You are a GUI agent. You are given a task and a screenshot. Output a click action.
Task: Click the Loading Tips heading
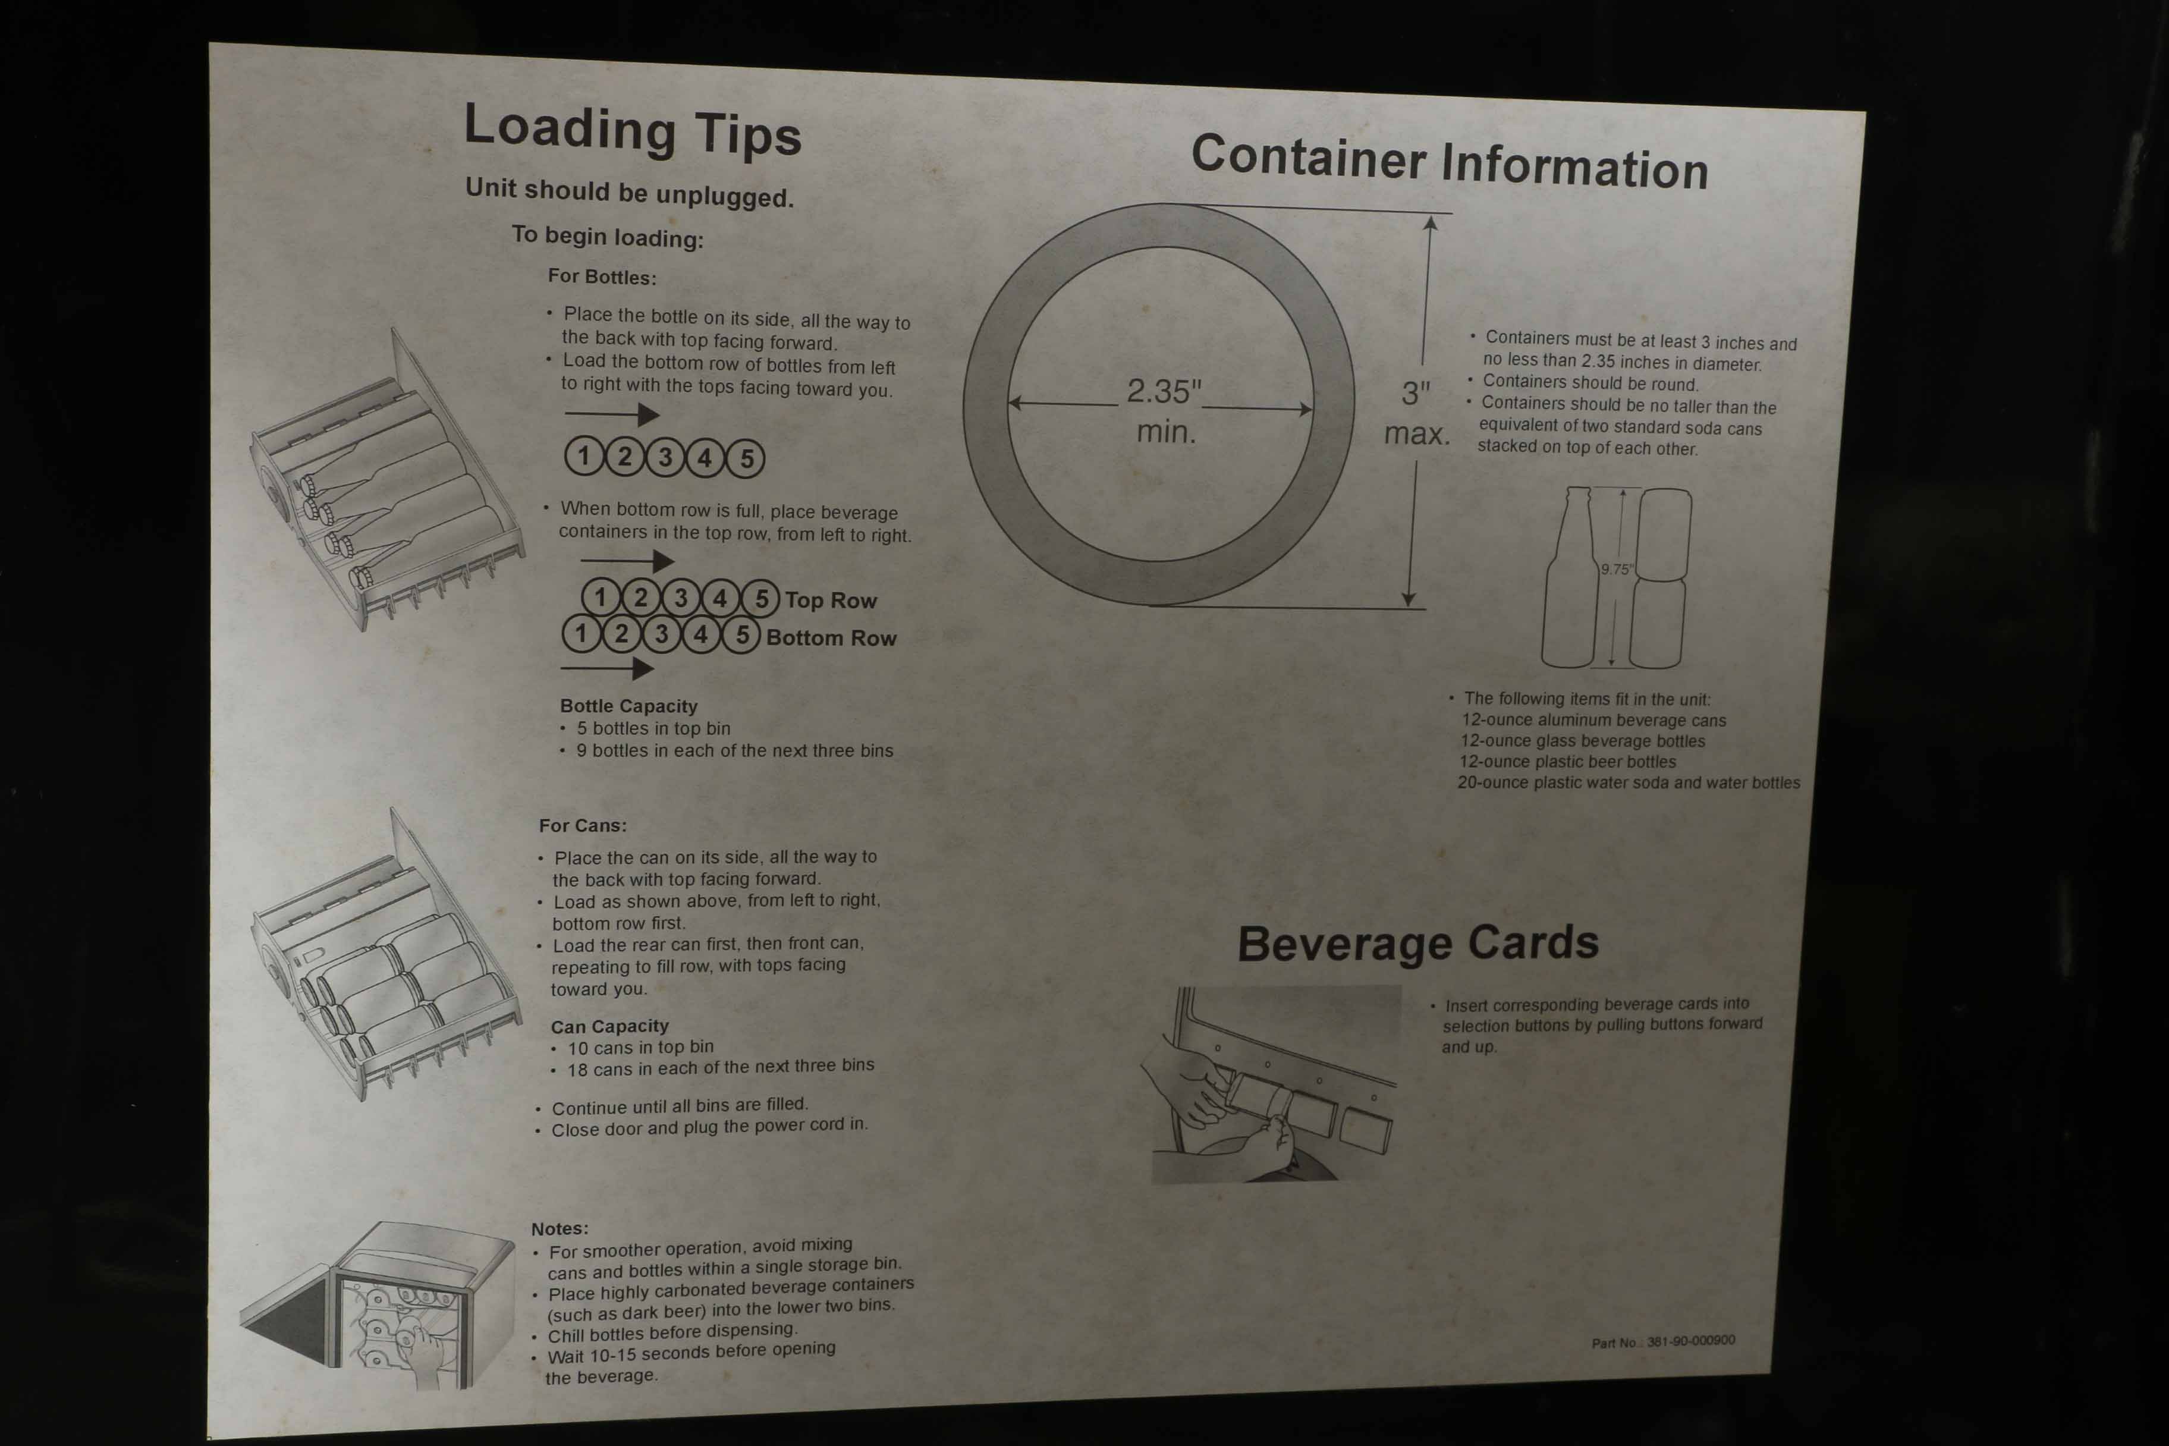point(633,130)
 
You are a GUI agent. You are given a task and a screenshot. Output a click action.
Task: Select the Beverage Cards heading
point(1417,944)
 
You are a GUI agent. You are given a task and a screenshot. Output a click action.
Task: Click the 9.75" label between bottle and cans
point(1615,569)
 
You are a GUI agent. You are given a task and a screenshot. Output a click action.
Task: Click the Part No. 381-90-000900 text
point(1662,1341)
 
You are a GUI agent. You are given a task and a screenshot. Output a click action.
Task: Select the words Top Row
point(831,601)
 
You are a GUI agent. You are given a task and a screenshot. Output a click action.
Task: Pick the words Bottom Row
point(831,637)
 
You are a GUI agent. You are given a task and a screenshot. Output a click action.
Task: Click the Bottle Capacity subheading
point(629,706)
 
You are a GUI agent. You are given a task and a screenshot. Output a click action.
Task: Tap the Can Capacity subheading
point(609,1026)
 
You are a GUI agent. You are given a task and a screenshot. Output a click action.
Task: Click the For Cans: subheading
point(583,825)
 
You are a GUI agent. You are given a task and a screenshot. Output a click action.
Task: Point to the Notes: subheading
point(559,1228)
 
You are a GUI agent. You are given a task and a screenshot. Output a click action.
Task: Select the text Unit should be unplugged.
point(629,192)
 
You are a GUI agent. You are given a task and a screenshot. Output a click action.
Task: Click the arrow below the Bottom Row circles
point(607,668)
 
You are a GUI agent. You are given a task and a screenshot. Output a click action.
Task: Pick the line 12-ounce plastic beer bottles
point(1568,762)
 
